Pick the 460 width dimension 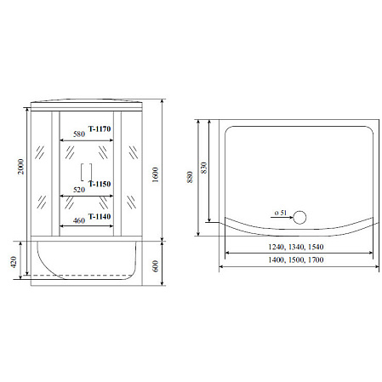point(78,222)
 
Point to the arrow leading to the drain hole point(284,218)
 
